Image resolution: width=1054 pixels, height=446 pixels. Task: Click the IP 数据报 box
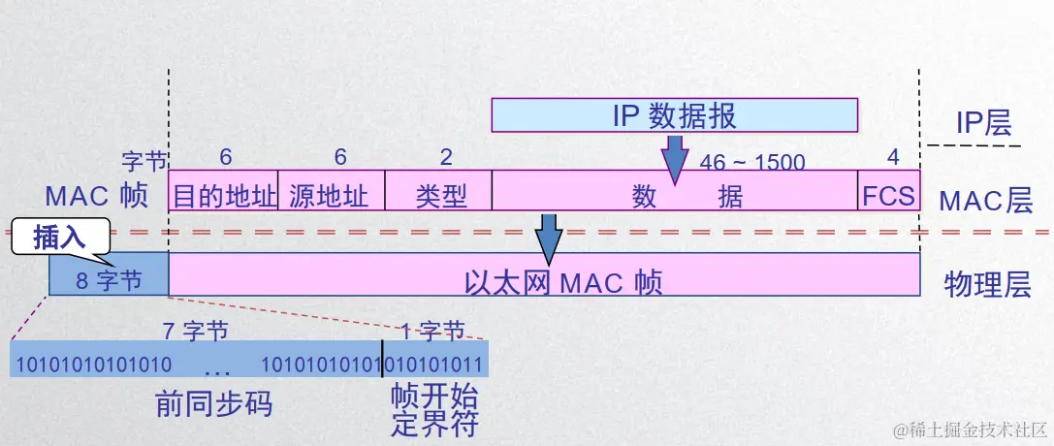tap(674, 115)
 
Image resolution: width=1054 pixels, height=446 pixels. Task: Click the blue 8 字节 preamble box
tap(109, 280)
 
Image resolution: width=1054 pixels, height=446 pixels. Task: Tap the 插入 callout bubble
tap(60, 238)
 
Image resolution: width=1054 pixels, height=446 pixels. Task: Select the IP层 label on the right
tap(982, 122)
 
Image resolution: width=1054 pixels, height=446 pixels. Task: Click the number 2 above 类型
tap(446, 156)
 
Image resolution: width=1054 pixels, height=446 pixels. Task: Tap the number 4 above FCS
tap(893, 156)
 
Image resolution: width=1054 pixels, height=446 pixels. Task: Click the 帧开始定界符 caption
tap(435, 411)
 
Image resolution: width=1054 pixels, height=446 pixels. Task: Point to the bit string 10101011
tap(435, 366)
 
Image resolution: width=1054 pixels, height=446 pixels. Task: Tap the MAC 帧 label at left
tap(96, 197)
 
